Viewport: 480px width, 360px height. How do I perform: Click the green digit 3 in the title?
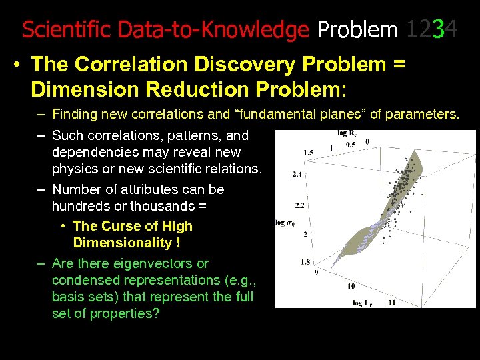pyautogui.click(x=437, y=29)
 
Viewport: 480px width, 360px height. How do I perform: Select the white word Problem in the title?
pyautogui.click(x=357, y=29)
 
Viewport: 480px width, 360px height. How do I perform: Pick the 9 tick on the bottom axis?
pyautogui.click(x=316, y=272)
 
